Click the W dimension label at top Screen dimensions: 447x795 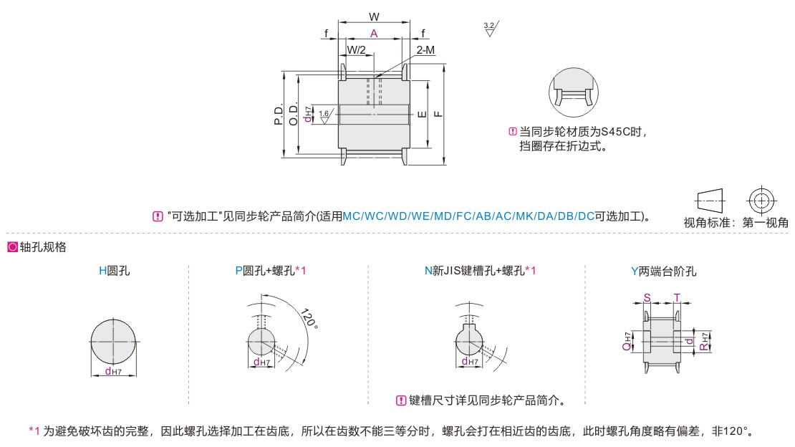[x=374, y=16]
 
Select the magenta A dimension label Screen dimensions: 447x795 [x=374, y=33]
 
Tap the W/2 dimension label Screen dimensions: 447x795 [x=356, y=49]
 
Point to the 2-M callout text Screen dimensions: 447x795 [x=425, y=49]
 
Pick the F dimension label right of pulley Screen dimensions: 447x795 [x=438, y=113]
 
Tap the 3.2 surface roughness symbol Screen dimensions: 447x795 [x=490, y=29]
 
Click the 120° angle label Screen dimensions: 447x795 [x=308, y=318]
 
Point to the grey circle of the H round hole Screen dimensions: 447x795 [x=114, y=342]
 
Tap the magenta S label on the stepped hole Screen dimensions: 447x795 [x=647, y=297]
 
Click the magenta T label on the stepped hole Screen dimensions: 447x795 [x=677, y=297]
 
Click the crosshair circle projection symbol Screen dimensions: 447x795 [x=761, y=199]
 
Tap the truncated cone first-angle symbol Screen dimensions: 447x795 [x=710, y=199]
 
